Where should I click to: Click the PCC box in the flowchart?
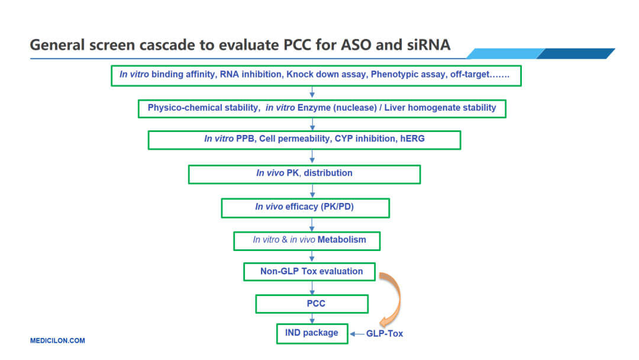coord(312,304)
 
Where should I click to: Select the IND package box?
coord(311,333)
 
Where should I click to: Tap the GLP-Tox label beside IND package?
coord(384,333)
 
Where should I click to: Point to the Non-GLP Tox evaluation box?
coord(311,271)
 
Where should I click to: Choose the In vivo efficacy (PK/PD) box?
coord(305,207)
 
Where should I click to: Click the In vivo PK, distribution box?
coord(304,173)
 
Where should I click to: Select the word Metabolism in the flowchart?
coord(342,240)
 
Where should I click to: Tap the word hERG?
coord(412,139)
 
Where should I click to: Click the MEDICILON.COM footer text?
coord(57,340)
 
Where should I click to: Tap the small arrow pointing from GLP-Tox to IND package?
coord(357,334)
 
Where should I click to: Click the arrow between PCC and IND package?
coord(312,318)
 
